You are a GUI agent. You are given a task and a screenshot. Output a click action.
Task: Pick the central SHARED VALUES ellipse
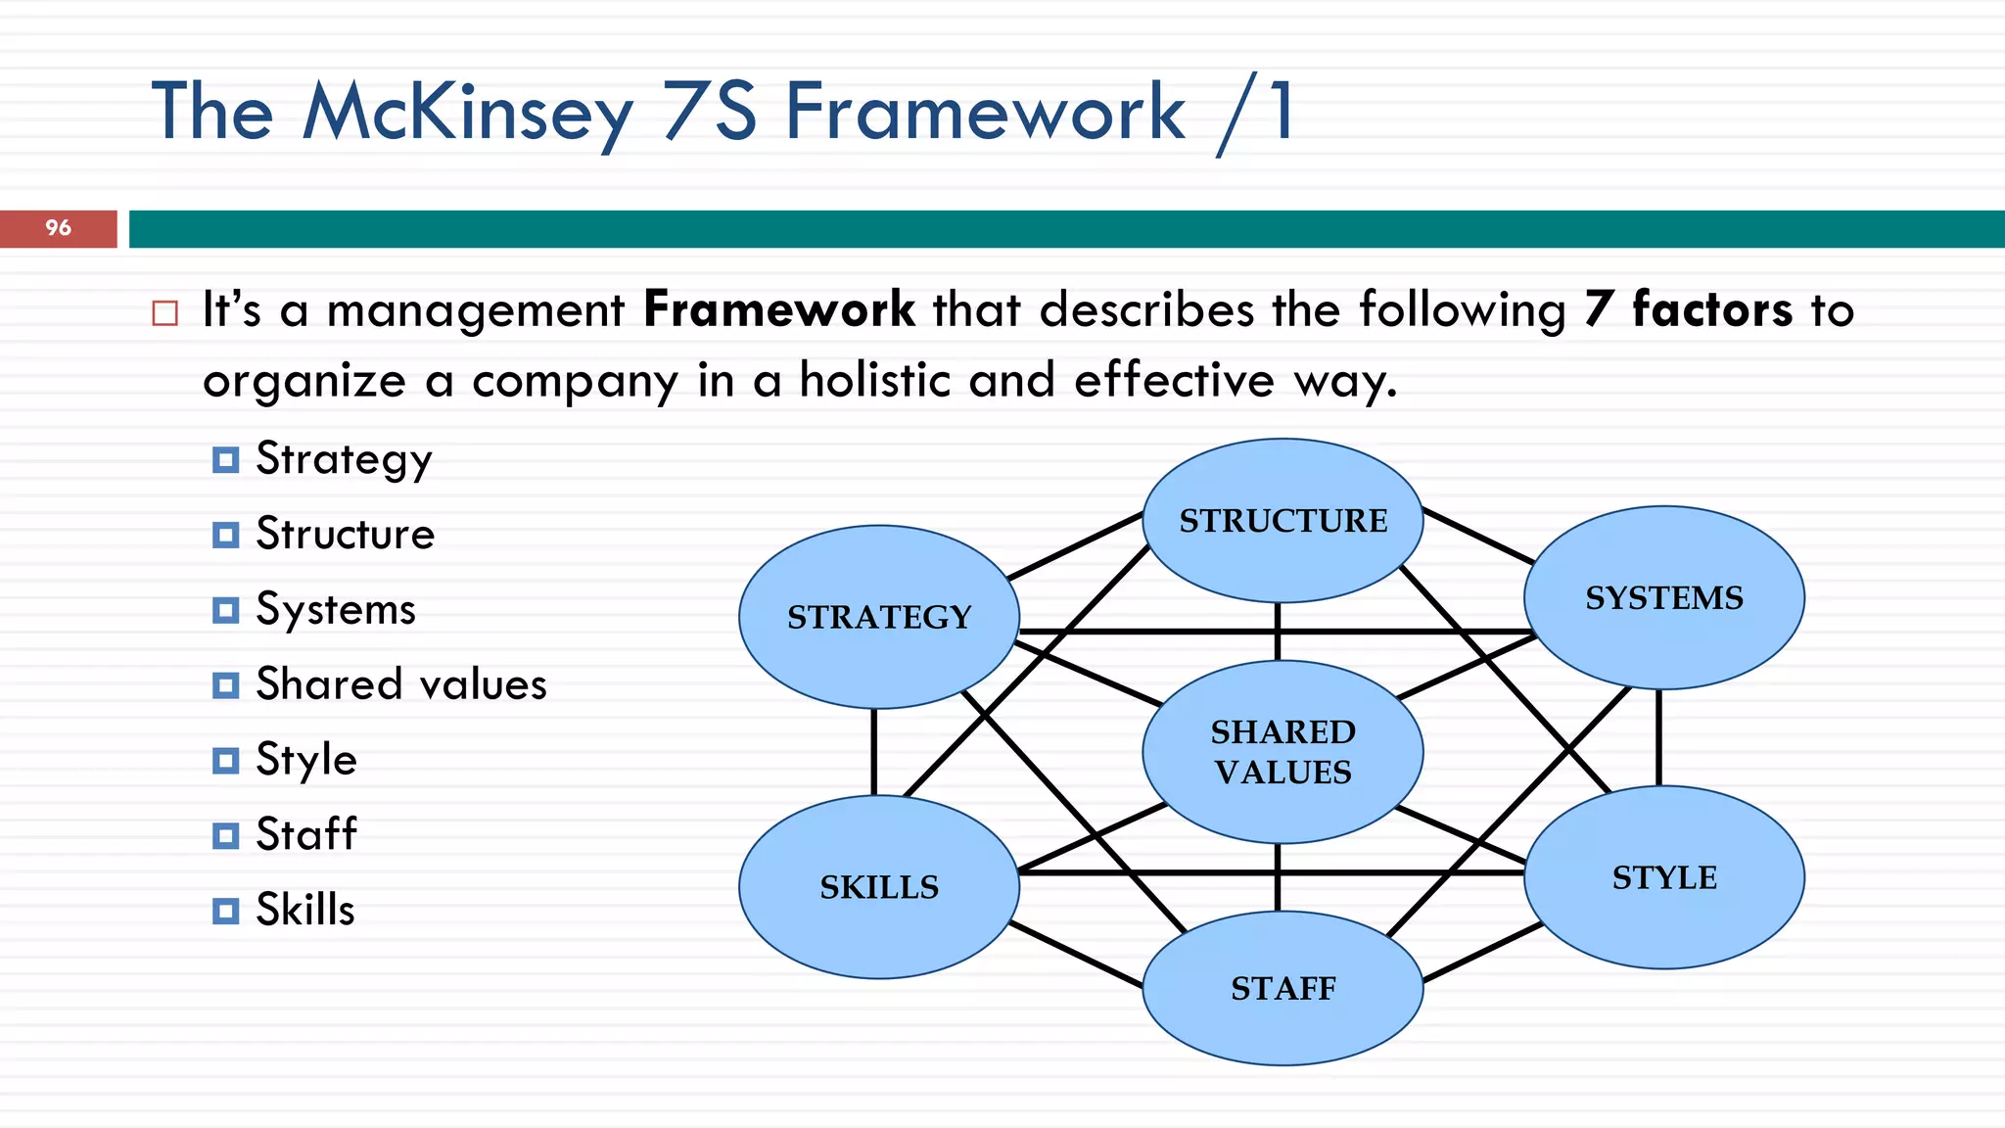click(1282, 752)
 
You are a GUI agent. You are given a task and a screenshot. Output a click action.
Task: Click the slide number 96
click(58, 228)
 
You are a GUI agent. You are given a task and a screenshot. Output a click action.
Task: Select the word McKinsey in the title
click(468, 113)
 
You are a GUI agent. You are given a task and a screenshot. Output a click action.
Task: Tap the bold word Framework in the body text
click(779, 309)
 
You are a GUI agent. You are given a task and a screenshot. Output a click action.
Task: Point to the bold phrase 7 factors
click(1689, 309)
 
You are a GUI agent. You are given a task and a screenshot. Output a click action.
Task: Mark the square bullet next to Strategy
click(225, 459)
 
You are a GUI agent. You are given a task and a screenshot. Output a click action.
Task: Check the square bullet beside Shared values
click(225, 685)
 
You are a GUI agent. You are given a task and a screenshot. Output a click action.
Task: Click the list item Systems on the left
click(336, 609)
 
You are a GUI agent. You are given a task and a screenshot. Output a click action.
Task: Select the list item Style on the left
click(306, 760)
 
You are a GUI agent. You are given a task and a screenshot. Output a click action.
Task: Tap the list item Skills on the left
click(305, 910)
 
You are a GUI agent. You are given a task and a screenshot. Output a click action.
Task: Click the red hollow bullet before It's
click(165, 313)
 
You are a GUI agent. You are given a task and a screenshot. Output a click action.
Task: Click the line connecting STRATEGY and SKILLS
click(873, 752)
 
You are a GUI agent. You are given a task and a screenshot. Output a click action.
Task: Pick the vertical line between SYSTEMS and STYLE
click(1658, 737)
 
